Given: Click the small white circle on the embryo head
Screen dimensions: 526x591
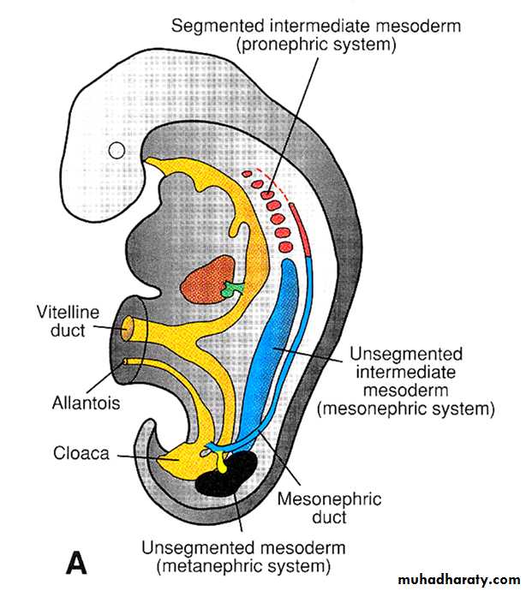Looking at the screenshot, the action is tap(117, 151).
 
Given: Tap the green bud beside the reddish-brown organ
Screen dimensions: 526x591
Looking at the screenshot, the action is tap(231, 290).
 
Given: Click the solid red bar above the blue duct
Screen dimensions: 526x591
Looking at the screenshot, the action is tap(301, 230).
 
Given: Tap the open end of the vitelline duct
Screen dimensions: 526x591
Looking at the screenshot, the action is tap(128, 329).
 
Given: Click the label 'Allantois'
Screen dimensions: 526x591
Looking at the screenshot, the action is tap(86, 403).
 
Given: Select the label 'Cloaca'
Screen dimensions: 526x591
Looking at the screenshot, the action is tap(81, 453).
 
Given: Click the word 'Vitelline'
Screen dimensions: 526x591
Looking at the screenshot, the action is tap(68, 313).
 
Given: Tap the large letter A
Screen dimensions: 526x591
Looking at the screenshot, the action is tap(76, 562).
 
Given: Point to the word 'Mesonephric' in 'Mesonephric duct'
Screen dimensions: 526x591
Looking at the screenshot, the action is tap(330, 499).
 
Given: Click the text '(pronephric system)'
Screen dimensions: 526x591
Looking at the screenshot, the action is tap(316, 45).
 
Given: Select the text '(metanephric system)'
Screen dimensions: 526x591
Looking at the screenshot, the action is tap(243, 566).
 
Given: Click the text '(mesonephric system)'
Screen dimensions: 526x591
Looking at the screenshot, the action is tap(406, 409).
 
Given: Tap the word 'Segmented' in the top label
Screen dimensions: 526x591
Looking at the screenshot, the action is tap(218, 27).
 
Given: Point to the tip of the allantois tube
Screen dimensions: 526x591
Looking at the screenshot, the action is tap(125, 361).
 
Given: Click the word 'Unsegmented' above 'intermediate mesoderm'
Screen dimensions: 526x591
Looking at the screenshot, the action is tap(406, 354).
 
